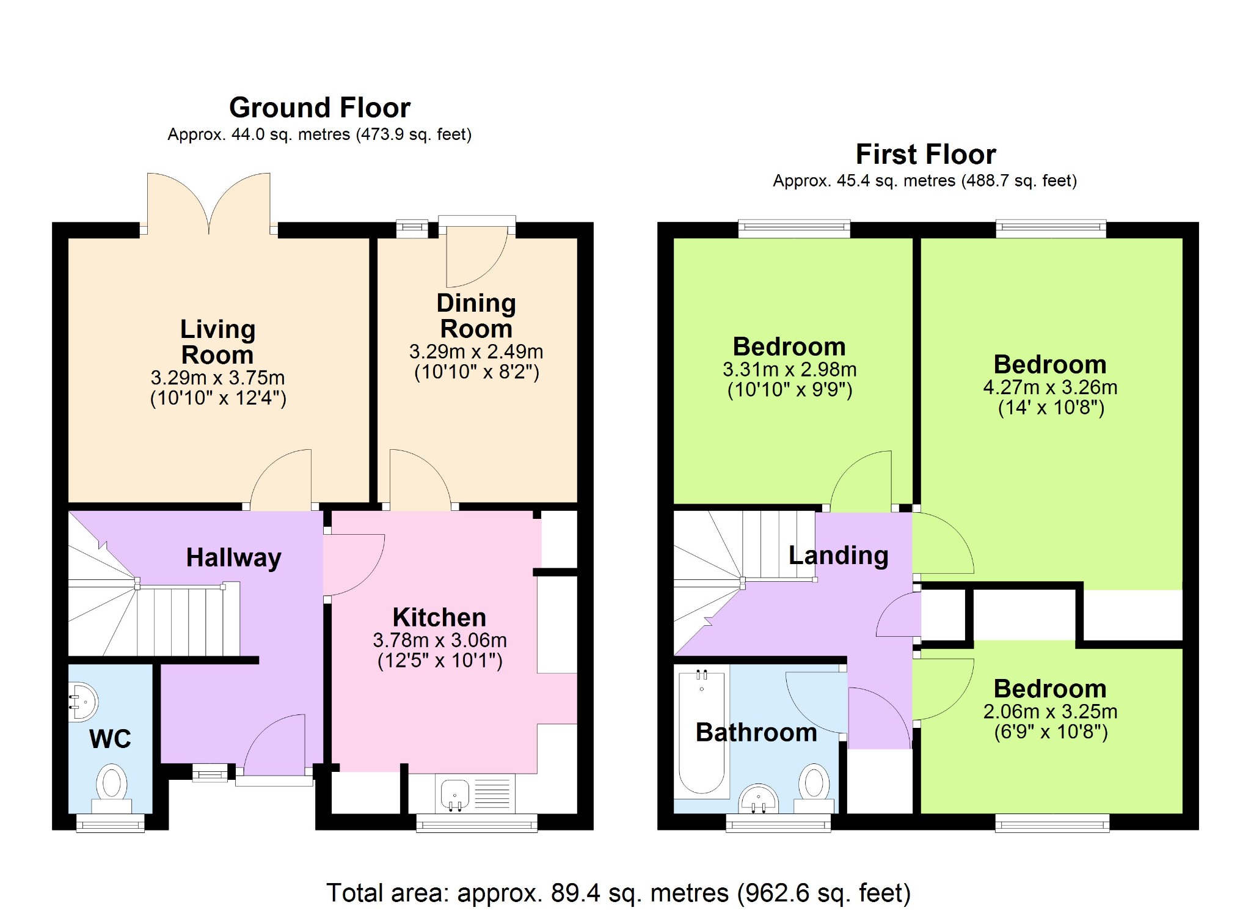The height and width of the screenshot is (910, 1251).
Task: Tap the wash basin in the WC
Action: click(83, 701)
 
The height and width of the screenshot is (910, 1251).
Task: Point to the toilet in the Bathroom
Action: click(814, 788)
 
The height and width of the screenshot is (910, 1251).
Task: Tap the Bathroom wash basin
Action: click(759, 799)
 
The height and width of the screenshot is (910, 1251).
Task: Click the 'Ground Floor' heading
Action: click(319, 108)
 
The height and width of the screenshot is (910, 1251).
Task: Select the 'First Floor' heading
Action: click(925, 154)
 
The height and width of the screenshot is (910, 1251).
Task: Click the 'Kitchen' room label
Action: click(439, 617)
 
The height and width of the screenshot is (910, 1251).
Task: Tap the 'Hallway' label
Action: click(233, 558)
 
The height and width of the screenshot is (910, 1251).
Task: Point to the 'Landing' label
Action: click(838, 556)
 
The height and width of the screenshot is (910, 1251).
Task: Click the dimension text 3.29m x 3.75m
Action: click(218, 378)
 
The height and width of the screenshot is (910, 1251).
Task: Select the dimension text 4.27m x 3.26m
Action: click(1050, 387)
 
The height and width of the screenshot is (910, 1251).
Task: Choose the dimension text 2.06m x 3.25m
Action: click(1050, 711)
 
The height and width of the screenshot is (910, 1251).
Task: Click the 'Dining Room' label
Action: click(476, 316)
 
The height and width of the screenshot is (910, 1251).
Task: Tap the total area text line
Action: click(618, 893)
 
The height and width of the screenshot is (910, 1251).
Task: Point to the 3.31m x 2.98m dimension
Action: click(789, 370)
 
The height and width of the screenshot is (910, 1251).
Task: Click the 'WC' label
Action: click(110, 739)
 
